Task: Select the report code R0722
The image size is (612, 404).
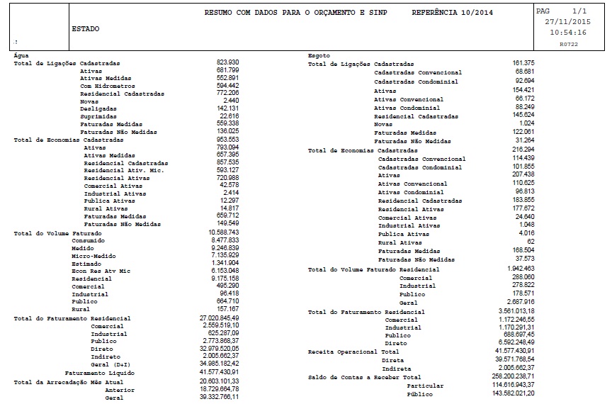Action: (568, 44)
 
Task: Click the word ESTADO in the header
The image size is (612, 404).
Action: (86, 29)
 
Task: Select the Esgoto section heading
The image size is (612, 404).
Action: (319, 55)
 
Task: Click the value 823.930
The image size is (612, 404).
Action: (227, 63)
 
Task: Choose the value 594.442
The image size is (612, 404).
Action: (227, 85)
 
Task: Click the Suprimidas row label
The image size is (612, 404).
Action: (99, 116)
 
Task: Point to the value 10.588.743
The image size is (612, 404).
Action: (224, 232)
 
